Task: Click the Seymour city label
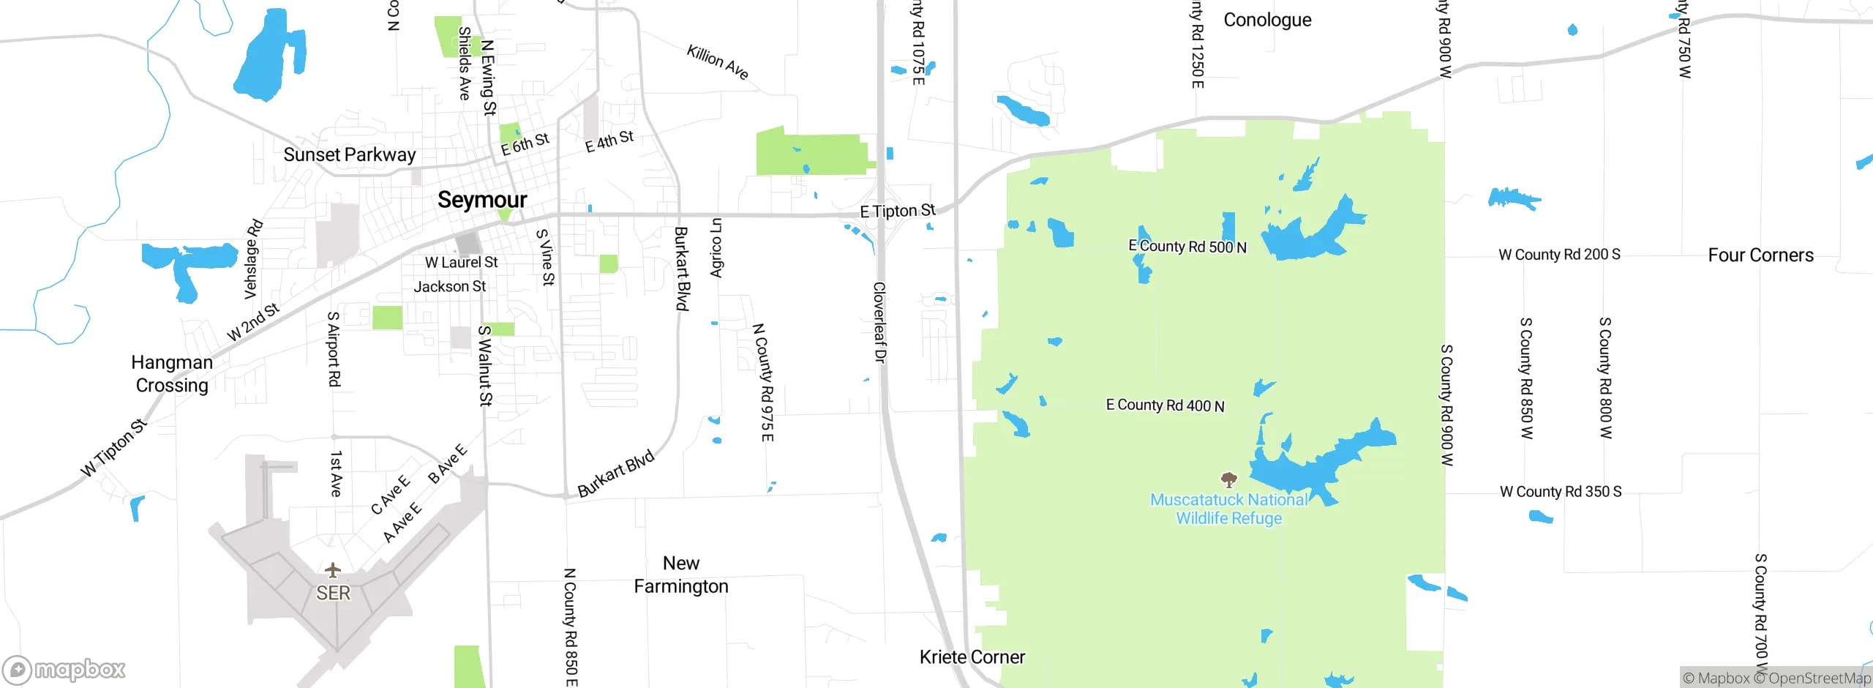pos(482,200)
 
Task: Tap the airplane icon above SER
pos(333,569)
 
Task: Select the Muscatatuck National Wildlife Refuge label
pos(1228,509)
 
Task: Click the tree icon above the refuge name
pos(1229,480)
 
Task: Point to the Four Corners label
pos(1760,255)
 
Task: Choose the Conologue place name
pos(1267,20)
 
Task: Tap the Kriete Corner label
pos(972,657)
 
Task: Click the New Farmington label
pos(681,575)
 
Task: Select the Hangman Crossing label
pos(172,374)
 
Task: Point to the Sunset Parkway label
pos(349,154)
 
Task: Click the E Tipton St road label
pos(897,212)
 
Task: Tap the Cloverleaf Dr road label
pos(880,322)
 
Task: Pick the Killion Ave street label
pos(718,62)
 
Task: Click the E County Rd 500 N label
pos(1187,247)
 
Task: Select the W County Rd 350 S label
pos(1560,492)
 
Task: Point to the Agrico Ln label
pos(716,247)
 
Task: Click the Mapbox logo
pos(64,669)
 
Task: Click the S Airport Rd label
pos(334,348)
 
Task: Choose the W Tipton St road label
pos(114,447)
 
